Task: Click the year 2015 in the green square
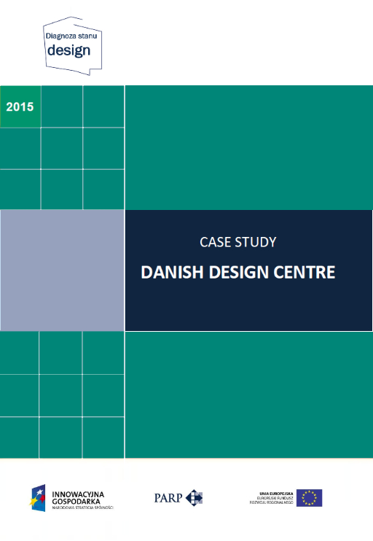20,106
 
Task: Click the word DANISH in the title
172,273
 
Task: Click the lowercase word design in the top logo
68,50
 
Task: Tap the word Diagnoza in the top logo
60,34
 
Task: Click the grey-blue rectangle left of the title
62,270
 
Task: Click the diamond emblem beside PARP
193,498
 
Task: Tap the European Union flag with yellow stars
309,498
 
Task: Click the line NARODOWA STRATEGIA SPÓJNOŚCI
82,507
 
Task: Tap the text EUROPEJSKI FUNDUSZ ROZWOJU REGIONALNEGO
272,501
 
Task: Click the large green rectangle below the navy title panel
248,394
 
